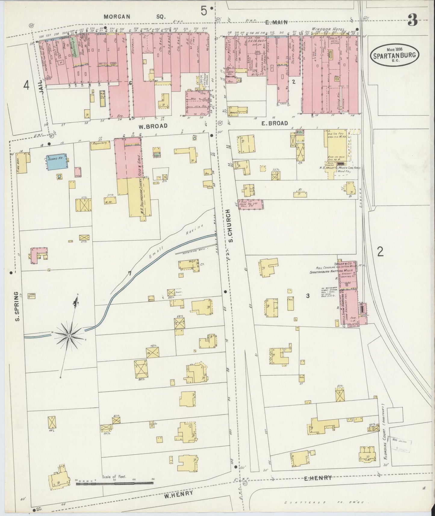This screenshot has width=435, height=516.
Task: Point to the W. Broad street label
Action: click(x=153, y=126)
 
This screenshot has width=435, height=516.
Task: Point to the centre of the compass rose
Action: click(x=69, y=335)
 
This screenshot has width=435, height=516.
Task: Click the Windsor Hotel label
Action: click(x=330, y=29)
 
